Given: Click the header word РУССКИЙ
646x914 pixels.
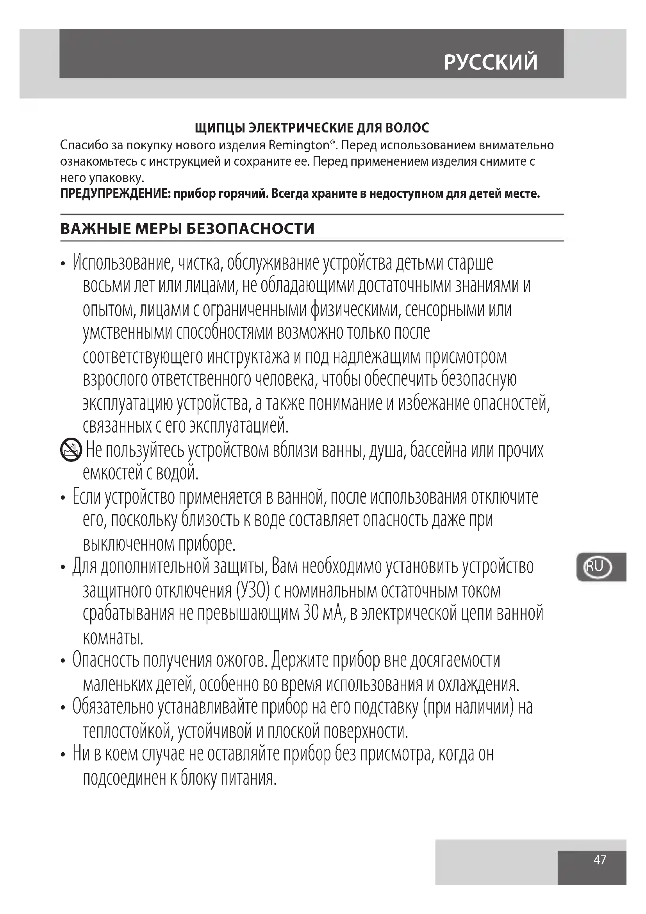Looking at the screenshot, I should coord(490,62).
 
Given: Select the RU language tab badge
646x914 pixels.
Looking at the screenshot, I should coord(596,567).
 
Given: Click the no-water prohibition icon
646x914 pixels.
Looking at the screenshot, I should coord(71,451).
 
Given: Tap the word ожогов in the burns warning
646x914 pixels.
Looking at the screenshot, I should coord(241,660).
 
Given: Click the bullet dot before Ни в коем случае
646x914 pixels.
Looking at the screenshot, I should coord(63,756).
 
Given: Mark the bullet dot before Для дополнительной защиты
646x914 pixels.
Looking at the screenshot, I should coord(63,568).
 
